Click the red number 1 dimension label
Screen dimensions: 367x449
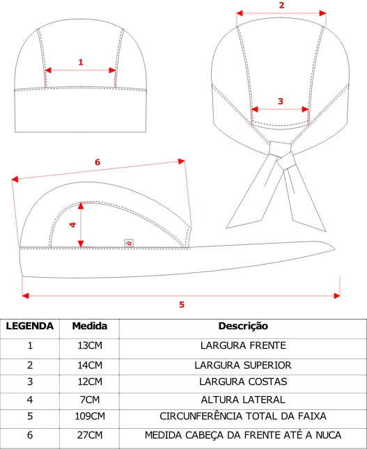(x=81, y=62)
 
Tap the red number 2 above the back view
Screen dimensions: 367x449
(x=281, y=5)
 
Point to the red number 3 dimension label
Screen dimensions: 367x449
(x=281, y=101)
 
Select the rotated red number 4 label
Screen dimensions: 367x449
(x=73, y=225)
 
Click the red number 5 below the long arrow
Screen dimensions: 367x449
(x=182, y=305)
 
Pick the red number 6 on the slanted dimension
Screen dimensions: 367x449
(x=97, y=162)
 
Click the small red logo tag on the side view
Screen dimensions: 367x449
(x=129, y=243)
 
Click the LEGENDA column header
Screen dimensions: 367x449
(x=30, y=326)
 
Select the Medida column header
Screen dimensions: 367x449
(x=90, y=326)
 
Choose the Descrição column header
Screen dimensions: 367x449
(x=243, y=326)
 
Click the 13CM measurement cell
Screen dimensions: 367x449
(x=90, y=346)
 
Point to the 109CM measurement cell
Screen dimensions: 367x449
(x=90, y=416)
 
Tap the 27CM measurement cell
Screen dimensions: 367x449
(x=90, y=435)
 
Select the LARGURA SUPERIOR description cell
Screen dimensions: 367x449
(x=243, y=365)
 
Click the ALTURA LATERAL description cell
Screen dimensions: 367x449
(x=243, y=400)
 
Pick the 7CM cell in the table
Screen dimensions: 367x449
(x=90, y=400)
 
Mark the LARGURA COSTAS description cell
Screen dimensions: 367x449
(x=243, y=381)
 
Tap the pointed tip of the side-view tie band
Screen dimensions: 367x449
(x=335, y=249)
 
